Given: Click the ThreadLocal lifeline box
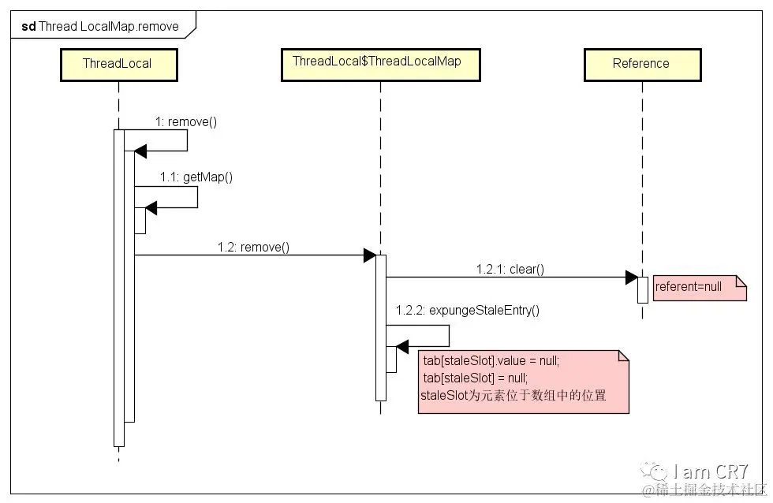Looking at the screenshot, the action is [x=119, y=65].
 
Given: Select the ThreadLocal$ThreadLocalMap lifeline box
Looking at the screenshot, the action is [x=380, y=65].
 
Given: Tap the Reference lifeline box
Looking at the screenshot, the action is [x=642, y=65].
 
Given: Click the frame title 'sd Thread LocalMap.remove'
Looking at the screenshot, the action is [x=100, y=26].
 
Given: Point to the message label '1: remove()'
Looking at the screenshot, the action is [x=186, y=121].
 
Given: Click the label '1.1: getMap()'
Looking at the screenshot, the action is [x=196, y=177].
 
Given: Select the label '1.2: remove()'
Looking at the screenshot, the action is [x=253, y=247].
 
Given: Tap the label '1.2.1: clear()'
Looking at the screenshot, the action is [x=510, y=269].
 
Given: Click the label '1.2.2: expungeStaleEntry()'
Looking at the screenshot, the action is [x=467, y=310].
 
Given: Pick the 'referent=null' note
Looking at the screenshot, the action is [x=700, y=289].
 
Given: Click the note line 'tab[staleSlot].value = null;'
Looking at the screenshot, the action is [x=491, y=360].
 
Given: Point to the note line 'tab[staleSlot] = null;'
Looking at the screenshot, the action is [x=475, y=378].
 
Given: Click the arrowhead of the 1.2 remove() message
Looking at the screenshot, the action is [x=370, y=255].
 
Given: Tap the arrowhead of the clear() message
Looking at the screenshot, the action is [x=632, y=278].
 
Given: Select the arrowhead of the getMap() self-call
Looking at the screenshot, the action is [x=151, y=208].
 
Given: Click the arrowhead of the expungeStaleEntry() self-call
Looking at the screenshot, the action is [x=402, y=347].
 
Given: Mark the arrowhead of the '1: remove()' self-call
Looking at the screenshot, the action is [x=140, y=151].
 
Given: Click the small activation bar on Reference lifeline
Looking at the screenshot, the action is [x=642, y=290].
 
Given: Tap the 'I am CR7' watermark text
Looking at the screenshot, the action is [x=710, y=471].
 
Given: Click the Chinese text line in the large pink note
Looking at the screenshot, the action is [x=513, y=396].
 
